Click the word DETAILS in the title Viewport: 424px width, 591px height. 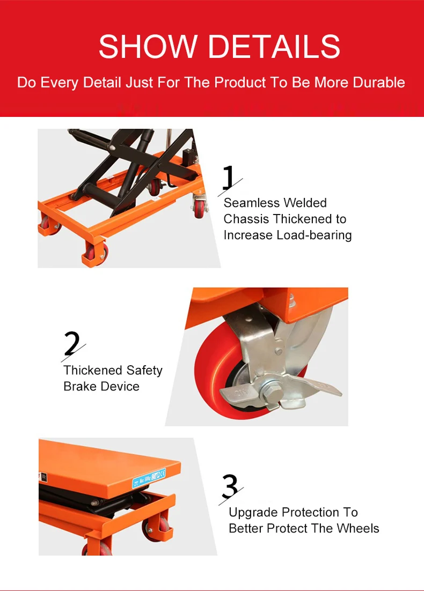275,46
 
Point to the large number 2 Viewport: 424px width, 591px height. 72,343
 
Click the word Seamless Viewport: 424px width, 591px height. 251,203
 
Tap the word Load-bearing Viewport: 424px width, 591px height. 314,235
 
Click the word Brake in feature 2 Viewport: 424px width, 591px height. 81,386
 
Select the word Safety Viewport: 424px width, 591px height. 144,371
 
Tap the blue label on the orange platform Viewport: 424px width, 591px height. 149,477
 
